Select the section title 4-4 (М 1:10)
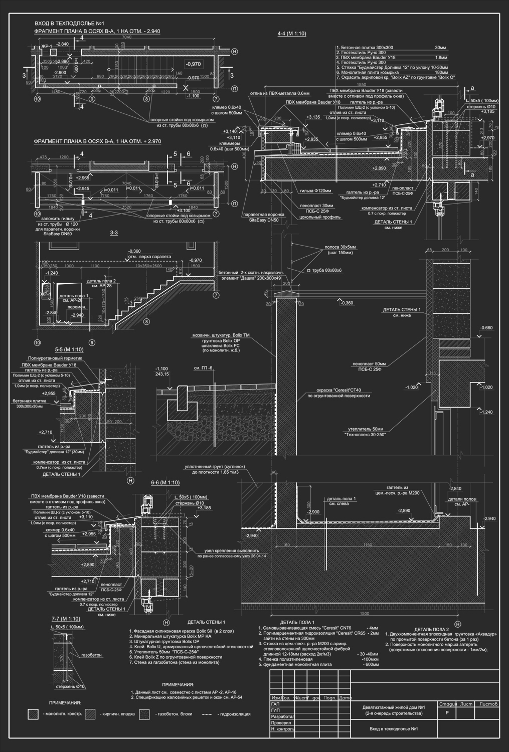tap(291, 34)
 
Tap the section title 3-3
tap(114, 233)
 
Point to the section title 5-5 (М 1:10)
tap(69, 349)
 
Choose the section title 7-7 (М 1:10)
tap(66, 619)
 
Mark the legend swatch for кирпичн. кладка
tap(90, 714)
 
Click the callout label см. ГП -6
tap(204, 368)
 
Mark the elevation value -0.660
tap(486, 328)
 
